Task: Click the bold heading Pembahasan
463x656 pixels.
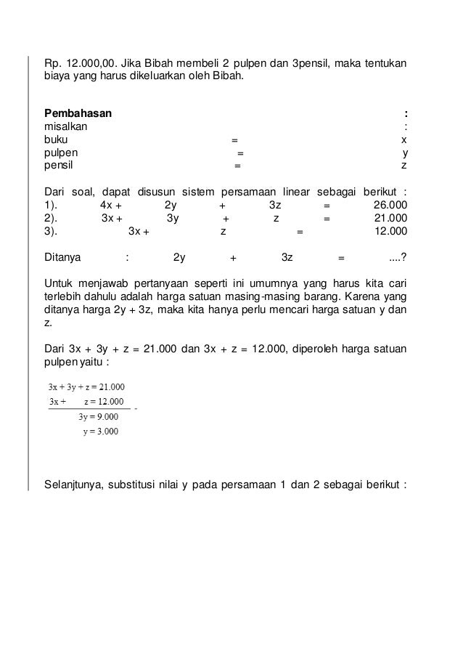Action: click(x=78, y=113)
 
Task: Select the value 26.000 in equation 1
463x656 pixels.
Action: click(x=389, y=205)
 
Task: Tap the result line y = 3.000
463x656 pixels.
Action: click(x=100, y=430)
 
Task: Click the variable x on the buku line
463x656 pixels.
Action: click(x=404, y=139)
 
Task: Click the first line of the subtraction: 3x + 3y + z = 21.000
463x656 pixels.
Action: click(x=84, y=386)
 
